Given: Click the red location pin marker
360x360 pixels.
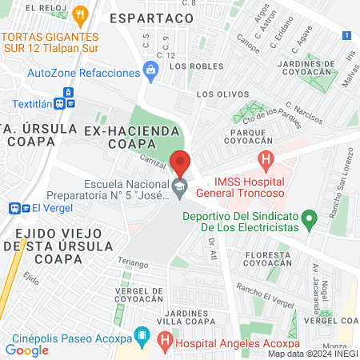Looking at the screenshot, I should coord(181,163).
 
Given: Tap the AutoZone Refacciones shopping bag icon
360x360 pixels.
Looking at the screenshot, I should coord(150,72).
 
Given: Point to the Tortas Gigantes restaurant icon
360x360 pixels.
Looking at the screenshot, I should coord(79,14).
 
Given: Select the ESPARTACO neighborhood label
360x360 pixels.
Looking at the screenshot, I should coord(151,17).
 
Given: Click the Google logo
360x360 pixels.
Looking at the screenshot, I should coord(26,350).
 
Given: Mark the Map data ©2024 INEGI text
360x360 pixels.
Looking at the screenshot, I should coord(311,354).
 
